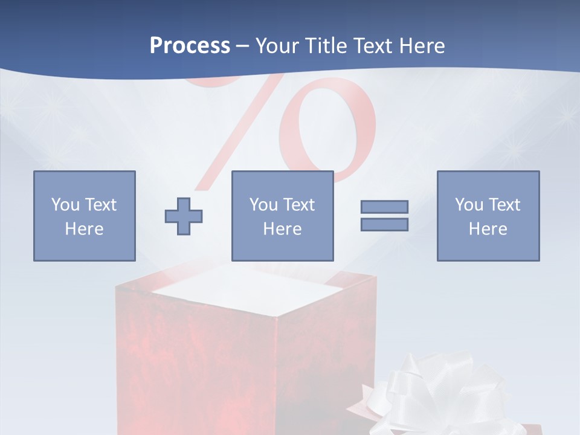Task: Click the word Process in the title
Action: click(190, 46)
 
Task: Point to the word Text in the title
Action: click(373, 46)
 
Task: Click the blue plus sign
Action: click(184, 216)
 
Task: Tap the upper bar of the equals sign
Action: click(384, 207)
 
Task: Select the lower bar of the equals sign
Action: click(384, 225)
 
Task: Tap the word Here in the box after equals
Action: click(488, 229)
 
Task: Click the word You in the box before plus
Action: click(65, 205)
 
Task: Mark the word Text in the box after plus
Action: click(300, 205)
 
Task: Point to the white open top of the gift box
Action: click(248, 290)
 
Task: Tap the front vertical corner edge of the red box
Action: click(276, 375)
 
